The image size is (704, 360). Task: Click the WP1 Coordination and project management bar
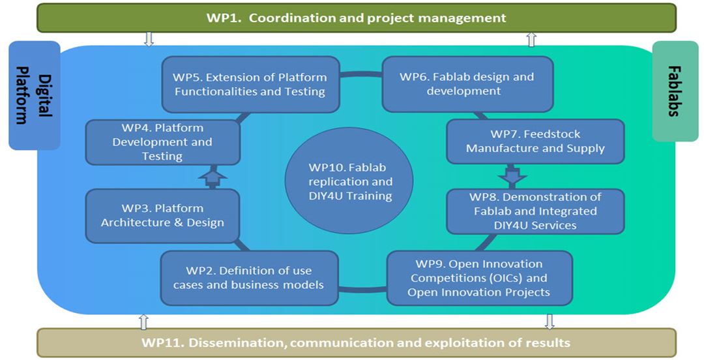tap(356, 18)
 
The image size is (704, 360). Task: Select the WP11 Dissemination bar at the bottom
tap(356, 342)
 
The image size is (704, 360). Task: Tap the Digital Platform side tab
tap(34, 95)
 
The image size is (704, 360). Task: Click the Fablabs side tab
tap(675, 91)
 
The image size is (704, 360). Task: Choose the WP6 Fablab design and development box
tap(467, 84)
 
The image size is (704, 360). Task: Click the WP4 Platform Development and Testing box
tap(162, 142)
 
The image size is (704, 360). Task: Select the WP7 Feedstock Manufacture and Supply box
tap(535, 142)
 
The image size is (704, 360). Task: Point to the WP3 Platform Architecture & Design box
tap(162, 215)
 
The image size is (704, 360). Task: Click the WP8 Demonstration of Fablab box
tap(535, 211)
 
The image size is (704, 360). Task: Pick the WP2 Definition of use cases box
tap(249, 278)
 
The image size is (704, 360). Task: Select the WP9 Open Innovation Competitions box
tap(479, 278)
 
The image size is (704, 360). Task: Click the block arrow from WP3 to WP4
tap(211, 177)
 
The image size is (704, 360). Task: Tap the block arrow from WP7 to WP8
tap(512, 175)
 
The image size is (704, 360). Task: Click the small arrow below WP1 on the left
tap(149, 39)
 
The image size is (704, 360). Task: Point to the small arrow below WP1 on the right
tap(531, 39)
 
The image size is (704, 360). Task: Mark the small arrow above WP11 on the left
tap(143, 321)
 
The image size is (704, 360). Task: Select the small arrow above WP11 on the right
tap(549, 321)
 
